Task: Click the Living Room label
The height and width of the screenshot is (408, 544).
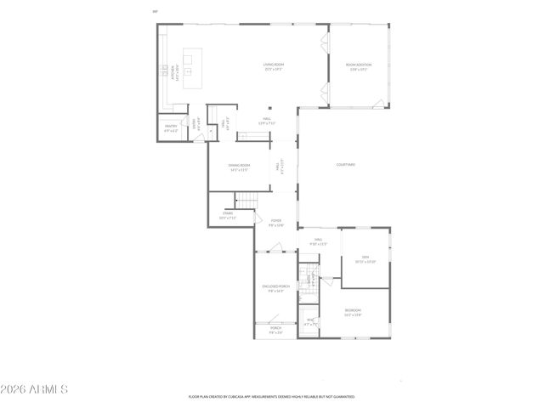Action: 272,66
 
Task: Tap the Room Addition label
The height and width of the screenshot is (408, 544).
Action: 358,66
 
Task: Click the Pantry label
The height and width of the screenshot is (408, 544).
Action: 171,129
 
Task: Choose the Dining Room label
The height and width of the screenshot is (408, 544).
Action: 239,167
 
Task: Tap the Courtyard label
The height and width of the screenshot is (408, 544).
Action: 345,164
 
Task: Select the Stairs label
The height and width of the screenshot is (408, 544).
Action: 228,215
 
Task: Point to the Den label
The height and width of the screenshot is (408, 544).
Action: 365,259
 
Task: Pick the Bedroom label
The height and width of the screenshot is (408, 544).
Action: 353,312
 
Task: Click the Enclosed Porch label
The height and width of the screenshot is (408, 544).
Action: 276,288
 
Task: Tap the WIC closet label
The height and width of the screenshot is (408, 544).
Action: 310,321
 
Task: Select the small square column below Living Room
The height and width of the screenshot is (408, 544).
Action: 270,107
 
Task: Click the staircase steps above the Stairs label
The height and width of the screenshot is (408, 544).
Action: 245,201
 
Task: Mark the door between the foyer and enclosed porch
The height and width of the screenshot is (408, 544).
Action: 274,248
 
